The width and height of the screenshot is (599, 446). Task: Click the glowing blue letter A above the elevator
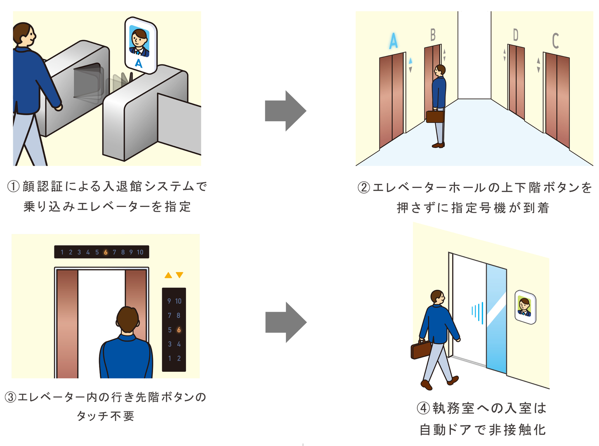point(394,41)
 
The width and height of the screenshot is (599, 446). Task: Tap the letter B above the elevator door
point(433,35)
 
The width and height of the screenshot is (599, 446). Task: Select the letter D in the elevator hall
point(515,35)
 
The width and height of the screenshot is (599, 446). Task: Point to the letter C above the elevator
point(555,41)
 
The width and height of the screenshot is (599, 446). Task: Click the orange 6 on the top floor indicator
point(106,252)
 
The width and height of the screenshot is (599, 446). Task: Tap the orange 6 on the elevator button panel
point(179,330)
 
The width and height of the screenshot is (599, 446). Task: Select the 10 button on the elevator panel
point(178,301)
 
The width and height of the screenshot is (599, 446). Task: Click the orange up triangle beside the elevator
point(168,275)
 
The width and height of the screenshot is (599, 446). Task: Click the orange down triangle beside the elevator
point(179,275)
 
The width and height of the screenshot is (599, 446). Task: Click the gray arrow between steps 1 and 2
point(285,111)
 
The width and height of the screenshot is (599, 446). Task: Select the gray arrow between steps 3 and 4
point(285,322)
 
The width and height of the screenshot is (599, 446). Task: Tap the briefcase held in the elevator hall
point(435,116)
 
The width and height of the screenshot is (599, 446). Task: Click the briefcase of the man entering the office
point(421,350)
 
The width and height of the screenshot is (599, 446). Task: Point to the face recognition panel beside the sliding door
point(525,307)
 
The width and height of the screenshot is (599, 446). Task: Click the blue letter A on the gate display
point(139,63)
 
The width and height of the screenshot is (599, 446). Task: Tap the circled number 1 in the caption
point(14,187)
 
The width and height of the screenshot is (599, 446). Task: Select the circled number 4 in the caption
point(423,408)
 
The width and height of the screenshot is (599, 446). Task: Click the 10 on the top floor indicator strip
point(140,252)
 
